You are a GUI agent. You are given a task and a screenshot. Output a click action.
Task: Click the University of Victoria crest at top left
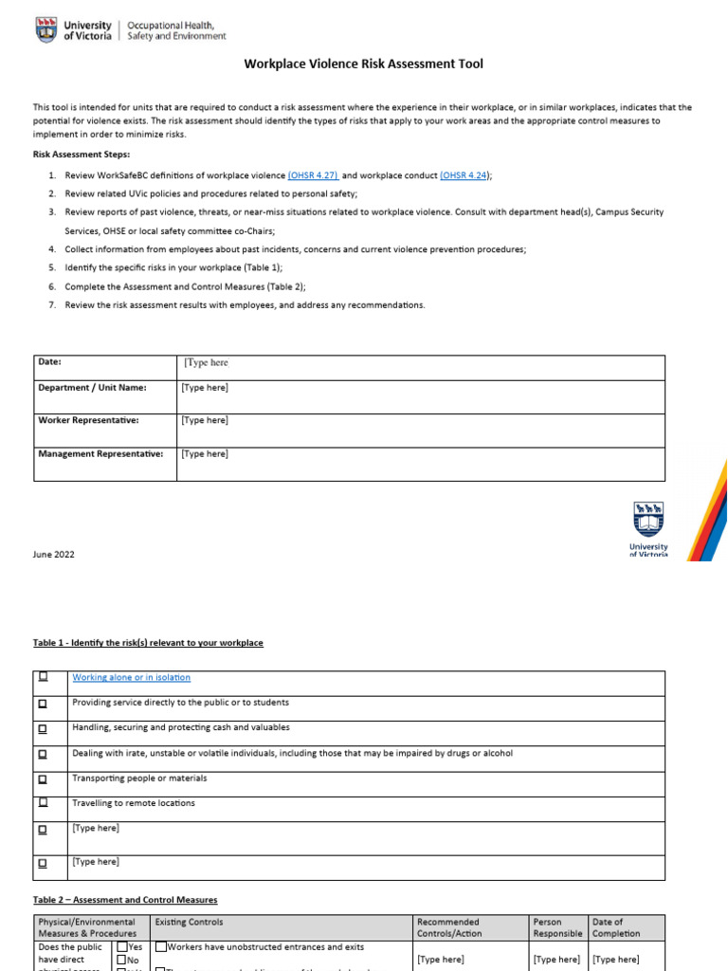pyautogui.click(x=45, y=30)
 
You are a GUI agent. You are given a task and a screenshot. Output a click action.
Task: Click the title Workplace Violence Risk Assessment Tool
pyautogui.click(x=364, y=64)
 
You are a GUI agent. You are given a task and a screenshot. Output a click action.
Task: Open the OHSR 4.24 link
pyautogui.click(x=464, y=175)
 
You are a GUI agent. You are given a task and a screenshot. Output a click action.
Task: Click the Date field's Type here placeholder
pyautogui.click(x=206, y=363)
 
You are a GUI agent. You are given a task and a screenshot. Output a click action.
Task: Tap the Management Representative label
pyautogui.click(x=100, y=453)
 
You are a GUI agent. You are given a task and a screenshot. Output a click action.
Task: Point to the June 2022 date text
pyautogui.click(x=54, y=555)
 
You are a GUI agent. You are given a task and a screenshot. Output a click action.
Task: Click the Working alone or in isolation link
pyautogui.click(x=131, y=677)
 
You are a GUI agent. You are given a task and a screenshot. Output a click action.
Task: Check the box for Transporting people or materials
pyautogui.click(x=43, y=779)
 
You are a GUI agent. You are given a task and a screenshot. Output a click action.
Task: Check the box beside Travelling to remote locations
pyautogui.click(x=43, y=803)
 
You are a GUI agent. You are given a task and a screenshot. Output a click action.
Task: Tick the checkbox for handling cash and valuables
pyautogui.click(x=43, y=728)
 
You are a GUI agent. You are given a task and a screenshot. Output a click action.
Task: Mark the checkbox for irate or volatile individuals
pyautogui.click(x=43, y=754)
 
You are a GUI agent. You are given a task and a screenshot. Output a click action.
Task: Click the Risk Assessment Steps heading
pyautogui.click(x=82, y=154)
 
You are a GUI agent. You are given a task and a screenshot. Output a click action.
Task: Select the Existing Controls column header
pyautogui.click(x=190, y=922)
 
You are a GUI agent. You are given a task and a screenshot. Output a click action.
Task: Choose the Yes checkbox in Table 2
pyautogui.click(x=121, y=947)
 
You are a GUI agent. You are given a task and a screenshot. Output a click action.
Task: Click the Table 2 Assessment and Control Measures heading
pyautogui.click(x=125, y=900)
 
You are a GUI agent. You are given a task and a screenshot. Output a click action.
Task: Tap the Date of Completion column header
pyautogui.click(x=616, y=927)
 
